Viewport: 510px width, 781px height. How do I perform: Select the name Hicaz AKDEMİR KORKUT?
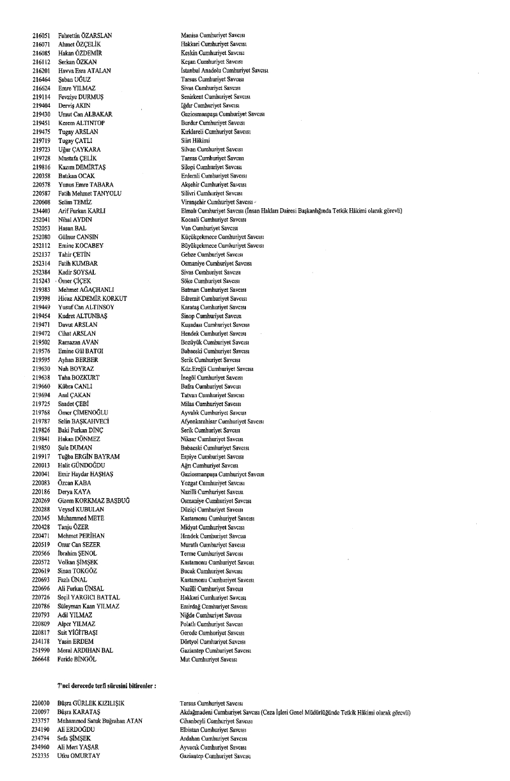[93, 299]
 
